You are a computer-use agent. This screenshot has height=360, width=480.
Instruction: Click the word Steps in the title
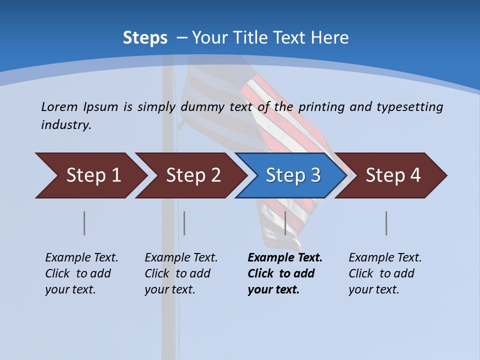click(145, 38)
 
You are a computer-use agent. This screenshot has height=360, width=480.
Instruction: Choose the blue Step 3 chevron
click(293, 175)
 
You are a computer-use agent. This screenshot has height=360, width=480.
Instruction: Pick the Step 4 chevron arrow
click(393, 175)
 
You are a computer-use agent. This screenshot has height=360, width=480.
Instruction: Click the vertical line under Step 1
click(84, 223)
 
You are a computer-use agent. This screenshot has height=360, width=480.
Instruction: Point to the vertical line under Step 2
click(184, 223)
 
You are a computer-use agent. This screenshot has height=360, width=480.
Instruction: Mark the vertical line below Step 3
click(285, 223)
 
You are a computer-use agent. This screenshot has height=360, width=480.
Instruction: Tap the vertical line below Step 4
click(386, 223)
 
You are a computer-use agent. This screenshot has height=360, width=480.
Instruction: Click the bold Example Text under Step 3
click(285, 258)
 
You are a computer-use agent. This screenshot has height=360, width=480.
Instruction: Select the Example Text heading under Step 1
click(81, 258)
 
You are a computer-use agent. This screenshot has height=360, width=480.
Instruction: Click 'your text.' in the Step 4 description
click(373, 290)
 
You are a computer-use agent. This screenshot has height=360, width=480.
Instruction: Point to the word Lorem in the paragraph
click(59, 107)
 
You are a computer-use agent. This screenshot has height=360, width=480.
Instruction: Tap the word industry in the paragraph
click(66, 125)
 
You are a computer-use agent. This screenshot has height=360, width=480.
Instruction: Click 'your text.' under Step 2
click(169, 290)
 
